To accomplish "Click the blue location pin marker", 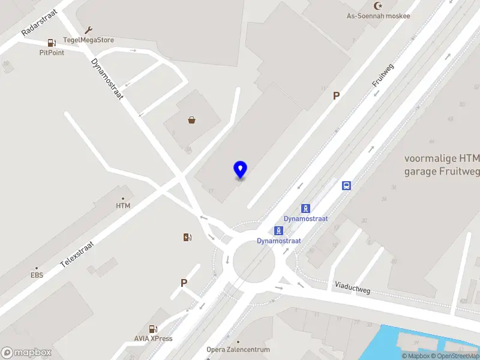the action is tap(240, 169).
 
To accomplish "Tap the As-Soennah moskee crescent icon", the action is tap(378, 5).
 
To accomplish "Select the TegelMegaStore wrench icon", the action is tap(89, 31).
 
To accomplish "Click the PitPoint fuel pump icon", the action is tap(52, 43).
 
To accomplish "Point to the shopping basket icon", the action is tap(192, 120).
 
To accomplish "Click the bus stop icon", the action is tap(346, 185).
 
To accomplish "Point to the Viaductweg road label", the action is tap(353, 289).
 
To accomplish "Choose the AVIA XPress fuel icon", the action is tap(153, 329).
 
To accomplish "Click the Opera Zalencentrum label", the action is tap(238, 349).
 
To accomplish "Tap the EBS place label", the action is tap(37, 276).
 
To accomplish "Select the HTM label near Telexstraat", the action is tap(123, 206).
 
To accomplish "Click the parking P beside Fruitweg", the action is tap(337, 95).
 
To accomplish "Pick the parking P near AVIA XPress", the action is tap(184, 283).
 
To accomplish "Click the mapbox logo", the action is tap(26, 352).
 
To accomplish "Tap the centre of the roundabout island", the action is tap(254, 261).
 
